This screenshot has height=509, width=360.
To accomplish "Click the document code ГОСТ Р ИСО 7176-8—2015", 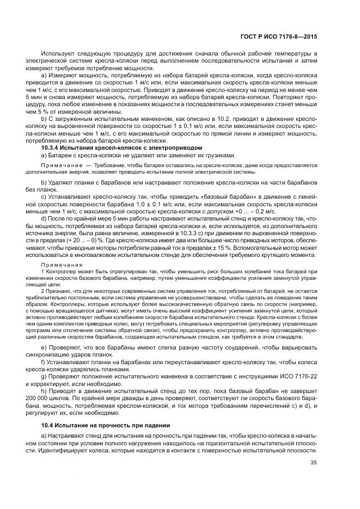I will (286, 37).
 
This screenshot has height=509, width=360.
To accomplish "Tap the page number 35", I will (313, 463).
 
